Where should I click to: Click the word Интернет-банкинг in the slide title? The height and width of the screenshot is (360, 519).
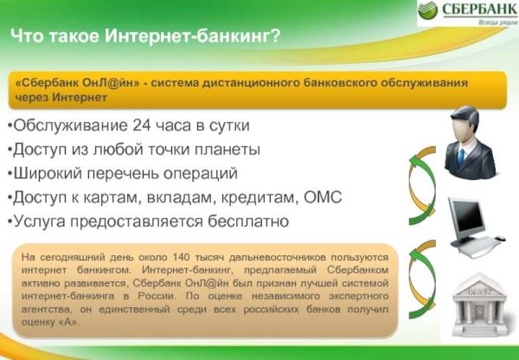[192, 36]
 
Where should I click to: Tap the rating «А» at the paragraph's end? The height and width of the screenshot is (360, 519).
[68, 322]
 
